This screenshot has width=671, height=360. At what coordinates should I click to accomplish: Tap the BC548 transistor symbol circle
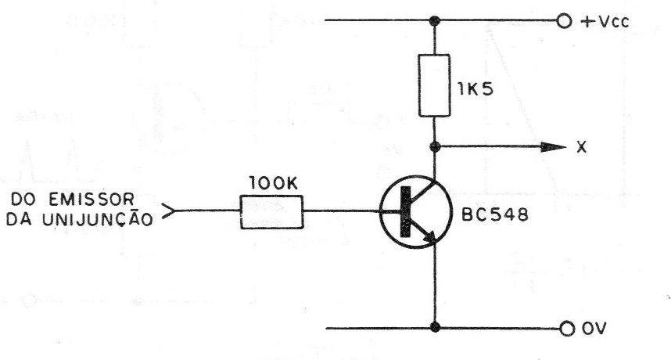380,211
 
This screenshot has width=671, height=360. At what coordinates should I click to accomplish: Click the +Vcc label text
605,21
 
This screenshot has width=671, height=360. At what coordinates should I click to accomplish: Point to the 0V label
594,329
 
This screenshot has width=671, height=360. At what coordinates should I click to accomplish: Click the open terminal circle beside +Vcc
565,21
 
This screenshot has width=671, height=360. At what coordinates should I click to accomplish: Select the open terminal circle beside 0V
567,329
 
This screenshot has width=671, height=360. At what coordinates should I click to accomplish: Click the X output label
581,148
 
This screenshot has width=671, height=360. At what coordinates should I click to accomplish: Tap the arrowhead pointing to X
554,147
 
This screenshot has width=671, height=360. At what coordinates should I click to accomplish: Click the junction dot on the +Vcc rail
435,20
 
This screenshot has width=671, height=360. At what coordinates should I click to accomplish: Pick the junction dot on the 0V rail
435,327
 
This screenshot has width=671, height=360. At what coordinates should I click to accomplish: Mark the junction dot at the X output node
435,147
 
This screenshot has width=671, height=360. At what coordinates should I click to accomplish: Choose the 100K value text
273,183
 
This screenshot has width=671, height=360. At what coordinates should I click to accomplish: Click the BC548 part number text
495,214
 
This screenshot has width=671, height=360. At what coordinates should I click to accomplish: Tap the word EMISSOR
91,199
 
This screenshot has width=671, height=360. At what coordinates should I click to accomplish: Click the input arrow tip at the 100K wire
174,211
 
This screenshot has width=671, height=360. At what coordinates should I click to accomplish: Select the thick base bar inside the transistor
405,211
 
